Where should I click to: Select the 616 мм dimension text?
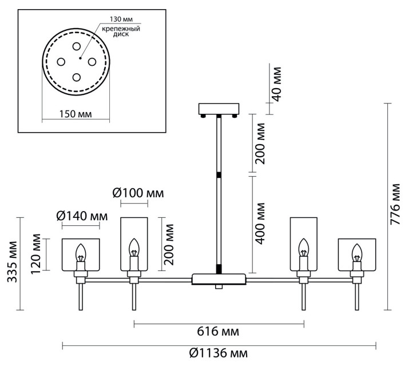(x=218, y=332)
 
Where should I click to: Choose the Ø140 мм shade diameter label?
(x=82, y=216)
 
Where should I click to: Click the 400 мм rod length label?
(x=260, y=223)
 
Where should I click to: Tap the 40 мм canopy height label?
(x=276, y=83)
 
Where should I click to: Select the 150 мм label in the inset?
(x=76, y=114)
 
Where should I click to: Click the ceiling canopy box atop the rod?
(x=219, y=109)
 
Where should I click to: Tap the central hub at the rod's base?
(x=219, y=279)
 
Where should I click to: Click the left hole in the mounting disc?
(x=61, y=61)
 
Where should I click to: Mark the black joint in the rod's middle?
(x=219, y=173)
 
